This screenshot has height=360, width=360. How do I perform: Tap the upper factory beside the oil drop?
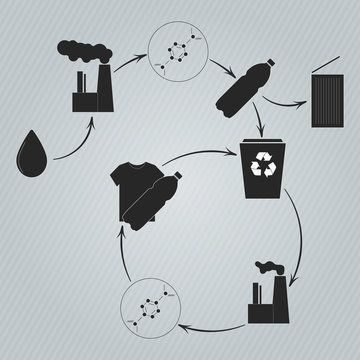point(89,92)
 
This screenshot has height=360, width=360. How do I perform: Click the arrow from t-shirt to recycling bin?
point(190,152)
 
